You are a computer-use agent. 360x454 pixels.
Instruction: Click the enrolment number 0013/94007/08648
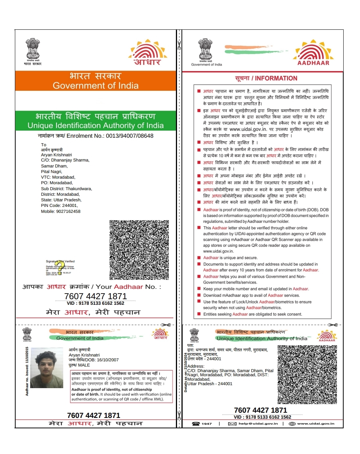129,136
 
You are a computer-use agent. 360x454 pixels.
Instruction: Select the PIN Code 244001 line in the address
59,205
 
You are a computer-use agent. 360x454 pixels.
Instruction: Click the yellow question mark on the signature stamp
58,267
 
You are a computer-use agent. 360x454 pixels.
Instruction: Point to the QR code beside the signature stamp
139,250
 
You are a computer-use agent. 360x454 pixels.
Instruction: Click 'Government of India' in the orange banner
96,86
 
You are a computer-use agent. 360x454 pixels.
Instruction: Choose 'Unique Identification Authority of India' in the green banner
96,125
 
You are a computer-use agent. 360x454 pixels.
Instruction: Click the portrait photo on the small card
47,368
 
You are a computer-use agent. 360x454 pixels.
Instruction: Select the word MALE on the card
84,365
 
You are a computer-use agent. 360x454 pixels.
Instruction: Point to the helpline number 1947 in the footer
207,423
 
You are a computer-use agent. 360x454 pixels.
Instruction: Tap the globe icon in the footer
292,423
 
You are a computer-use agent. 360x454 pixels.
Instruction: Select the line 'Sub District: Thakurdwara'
66,189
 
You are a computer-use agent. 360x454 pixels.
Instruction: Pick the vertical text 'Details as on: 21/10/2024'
185,372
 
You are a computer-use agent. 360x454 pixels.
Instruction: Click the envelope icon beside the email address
232,423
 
